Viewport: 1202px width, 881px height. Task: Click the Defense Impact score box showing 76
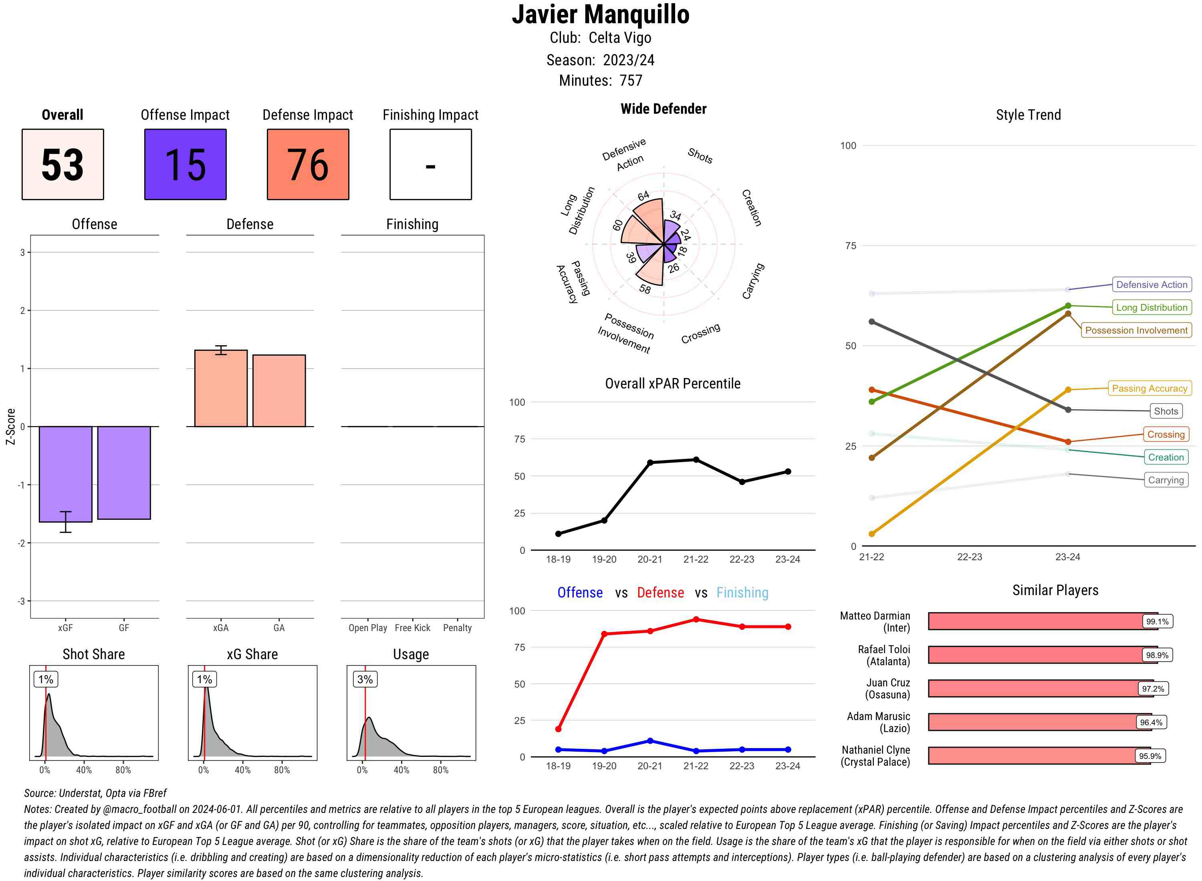pyautogui.click(x=308, y=164)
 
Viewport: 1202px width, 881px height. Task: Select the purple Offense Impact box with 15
pyautogui.click(x=185, y=164)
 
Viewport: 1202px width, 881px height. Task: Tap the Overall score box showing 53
pyautogui.click(x=63, y=164)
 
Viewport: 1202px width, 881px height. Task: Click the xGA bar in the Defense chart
pyautogui.click(x=221, y=388)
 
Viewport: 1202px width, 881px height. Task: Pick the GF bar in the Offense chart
pyautogui.click(x=124, y=473)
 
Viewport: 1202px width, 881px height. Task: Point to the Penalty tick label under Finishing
pyautogui.click(x=457, y=628)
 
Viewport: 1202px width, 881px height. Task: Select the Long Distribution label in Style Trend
pyautogui.click(x=1152, y=308)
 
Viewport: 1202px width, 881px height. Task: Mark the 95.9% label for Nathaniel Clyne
pyautogui.click(x=1150, y=756)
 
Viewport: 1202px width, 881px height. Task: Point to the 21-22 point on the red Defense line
pyautogui.click(x=696, y=619)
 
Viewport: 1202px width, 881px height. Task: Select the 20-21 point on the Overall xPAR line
pyautogui.click(x=650, y=463)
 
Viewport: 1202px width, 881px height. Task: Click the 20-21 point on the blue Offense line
pyautogui.click(x=650, y=741)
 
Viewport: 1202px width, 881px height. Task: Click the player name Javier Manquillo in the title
pyautogui.click(x=601, y=15)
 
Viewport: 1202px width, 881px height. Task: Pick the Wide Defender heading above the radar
pyautogui.click(x=663, y=109)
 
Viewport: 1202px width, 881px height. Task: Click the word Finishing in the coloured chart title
pyautogui.click(x=742, y=593)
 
